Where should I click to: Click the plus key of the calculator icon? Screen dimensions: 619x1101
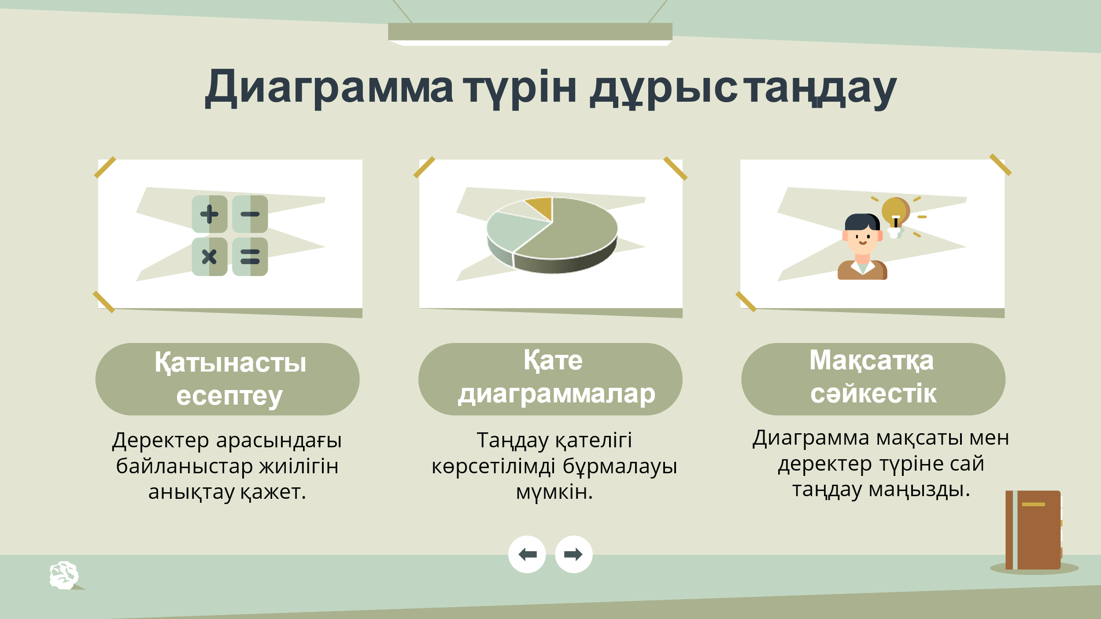[209, 214]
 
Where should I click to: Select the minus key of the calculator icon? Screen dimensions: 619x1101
[250, 214]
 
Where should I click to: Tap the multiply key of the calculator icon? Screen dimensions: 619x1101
[209, 256]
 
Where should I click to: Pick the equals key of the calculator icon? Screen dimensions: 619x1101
[250, 256]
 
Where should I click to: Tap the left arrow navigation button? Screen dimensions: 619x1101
[527, 554]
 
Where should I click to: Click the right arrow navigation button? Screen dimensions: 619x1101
[573, 554]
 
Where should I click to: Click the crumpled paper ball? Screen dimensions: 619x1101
[64, 575]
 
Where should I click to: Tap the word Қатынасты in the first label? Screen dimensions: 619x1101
[230, 363]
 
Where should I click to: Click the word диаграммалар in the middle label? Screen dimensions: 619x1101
[557, 394]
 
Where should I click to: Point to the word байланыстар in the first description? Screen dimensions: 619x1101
[185, 466]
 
